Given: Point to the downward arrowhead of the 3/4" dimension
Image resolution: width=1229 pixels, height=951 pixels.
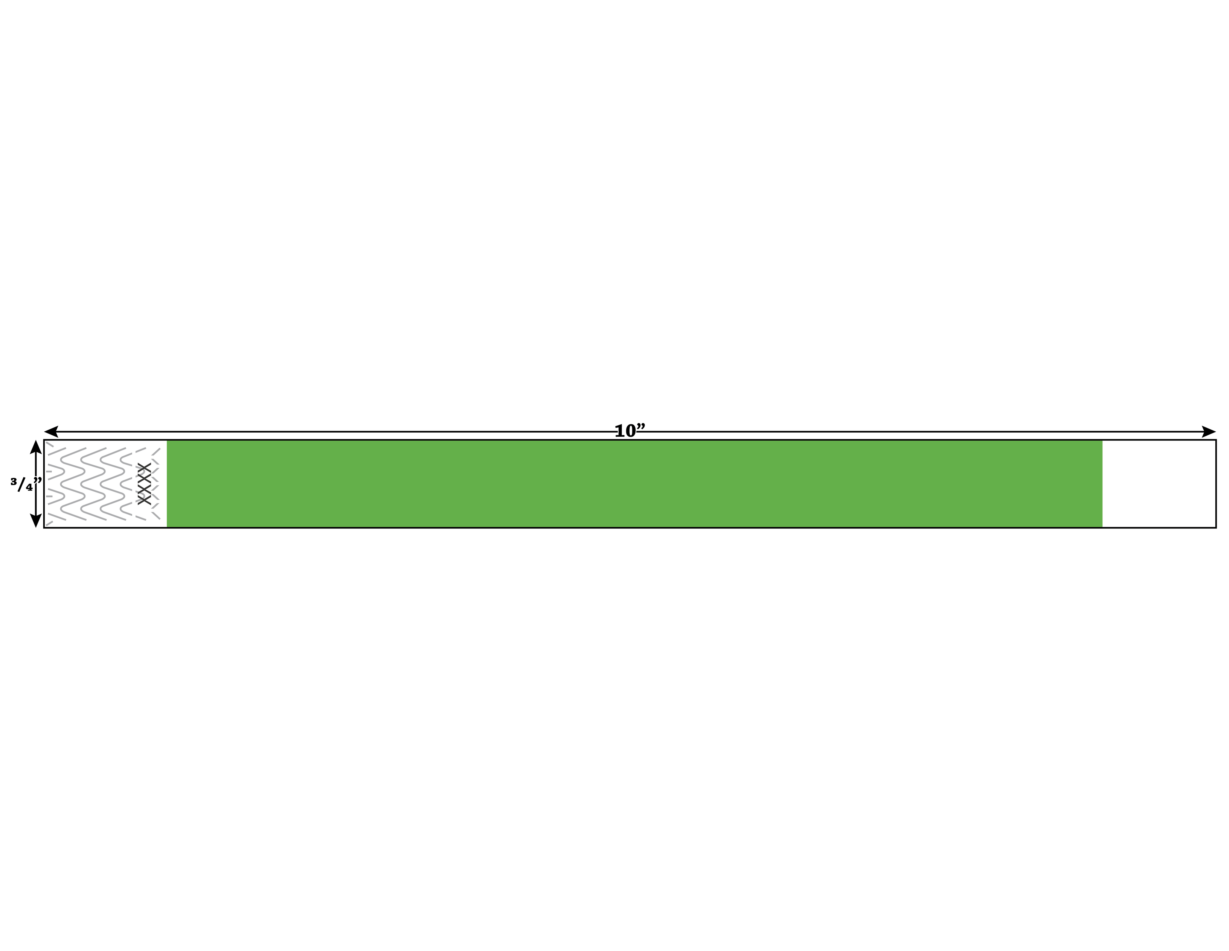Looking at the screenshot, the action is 36,521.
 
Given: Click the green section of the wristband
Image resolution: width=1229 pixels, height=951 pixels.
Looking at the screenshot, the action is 634,483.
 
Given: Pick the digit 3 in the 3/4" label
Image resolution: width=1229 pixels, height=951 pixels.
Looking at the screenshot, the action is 13,481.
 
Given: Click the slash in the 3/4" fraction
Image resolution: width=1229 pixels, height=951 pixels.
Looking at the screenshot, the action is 21,485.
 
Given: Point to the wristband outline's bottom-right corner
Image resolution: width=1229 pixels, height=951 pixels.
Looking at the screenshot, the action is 1216,527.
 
